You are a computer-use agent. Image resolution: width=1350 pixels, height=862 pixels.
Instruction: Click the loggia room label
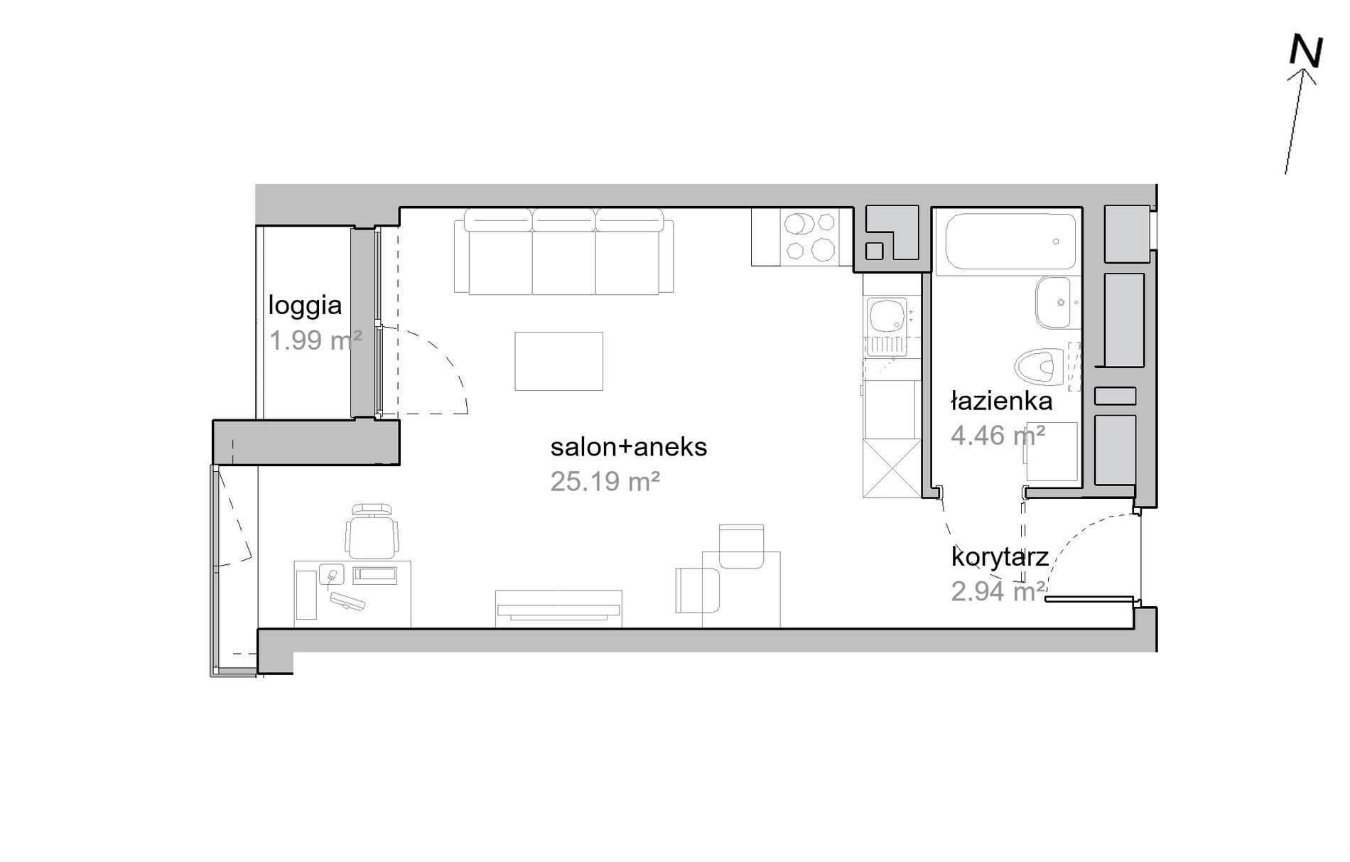305,306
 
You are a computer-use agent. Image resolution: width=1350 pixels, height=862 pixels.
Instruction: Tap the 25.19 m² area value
605,482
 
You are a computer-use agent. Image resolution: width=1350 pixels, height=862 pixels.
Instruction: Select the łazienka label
1002,402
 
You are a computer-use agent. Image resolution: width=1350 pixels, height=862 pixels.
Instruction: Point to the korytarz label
1000,557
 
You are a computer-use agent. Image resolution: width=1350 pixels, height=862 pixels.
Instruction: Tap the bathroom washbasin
1053,303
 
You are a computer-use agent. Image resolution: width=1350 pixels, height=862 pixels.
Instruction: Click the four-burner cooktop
809,237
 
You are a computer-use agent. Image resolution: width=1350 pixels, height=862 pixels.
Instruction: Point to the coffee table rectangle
558,361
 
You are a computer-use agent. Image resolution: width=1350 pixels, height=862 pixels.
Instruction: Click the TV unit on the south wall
558,609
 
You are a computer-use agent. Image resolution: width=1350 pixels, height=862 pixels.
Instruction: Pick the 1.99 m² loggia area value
315,341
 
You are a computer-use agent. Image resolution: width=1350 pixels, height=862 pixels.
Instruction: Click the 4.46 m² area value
998,435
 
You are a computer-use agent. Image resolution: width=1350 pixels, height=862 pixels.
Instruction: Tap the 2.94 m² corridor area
998,591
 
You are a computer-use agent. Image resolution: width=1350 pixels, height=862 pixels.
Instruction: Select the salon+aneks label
629,447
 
